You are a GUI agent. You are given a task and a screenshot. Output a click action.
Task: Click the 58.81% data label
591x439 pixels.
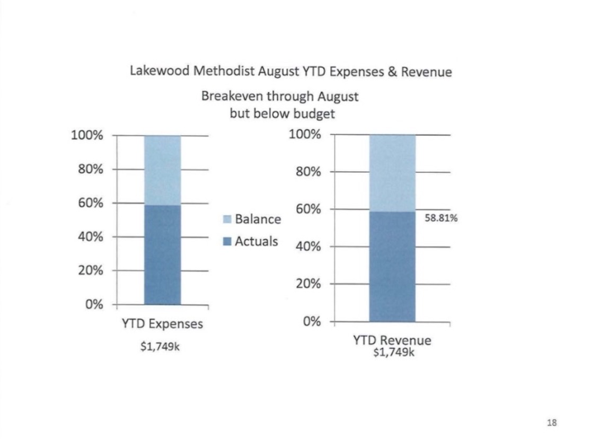pyautogui.click(x=441, y=218)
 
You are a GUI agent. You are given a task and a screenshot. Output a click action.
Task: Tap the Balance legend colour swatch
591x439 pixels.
pyautogui.click(x=227, y=219)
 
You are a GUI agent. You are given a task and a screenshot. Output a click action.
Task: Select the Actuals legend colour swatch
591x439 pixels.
pyautogui.click(x=227, y=241)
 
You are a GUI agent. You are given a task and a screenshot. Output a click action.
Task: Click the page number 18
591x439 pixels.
pyautogui.click(x=551, y=423)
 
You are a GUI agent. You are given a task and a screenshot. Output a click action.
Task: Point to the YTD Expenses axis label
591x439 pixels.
pyautogui.click(x=162, y=323)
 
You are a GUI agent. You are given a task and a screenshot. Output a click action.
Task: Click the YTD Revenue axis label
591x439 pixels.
pyautogui.click(x=392, y=340)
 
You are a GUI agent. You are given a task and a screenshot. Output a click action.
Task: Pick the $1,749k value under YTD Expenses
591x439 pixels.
pyautogui.click(x=160, y=346)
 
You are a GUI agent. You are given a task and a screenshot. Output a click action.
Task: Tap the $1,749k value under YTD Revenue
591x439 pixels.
pyautogui.click(x=393, y=352)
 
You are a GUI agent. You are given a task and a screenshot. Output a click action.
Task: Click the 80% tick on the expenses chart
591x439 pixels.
pyautogui.click(x=91, y=169)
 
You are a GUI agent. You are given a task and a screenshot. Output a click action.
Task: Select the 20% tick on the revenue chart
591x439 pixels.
pyautogui.click(x=308, y=284)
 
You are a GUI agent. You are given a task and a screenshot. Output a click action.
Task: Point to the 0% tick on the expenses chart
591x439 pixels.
pyautogui.click(x=94, y=304)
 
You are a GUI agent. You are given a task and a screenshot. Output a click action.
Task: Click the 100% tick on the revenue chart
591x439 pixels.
pyautogui.click(x=305, y=134)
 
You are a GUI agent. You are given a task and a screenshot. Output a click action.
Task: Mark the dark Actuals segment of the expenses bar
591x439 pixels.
pyautogui.click(x=162, y=255)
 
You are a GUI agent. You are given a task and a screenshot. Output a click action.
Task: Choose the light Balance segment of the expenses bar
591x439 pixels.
pyautogui.click(x=162, y=171)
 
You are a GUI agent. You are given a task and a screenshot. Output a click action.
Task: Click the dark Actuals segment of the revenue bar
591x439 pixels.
pyautogui.click(x=392, y=267)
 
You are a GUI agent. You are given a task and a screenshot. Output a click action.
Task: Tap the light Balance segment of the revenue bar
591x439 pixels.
pyautogui.click(x=392, y=173)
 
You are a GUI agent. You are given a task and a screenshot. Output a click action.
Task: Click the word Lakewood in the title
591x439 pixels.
pyautogui.click(x=160, y=71)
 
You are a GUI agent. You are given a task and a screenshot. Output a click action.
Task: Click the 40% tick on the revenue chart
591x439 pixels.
pyautogui.click(x=308, y=247)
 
